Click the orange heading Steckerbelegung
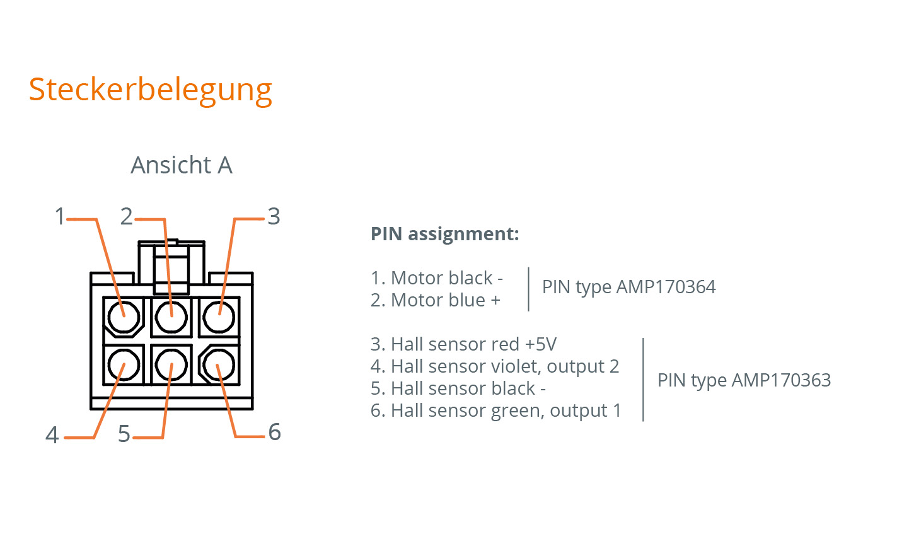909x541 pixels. pyautogui.click(x=150, y=90)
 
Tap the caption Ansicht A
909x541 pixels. pyautogui.click(x=182, y=165)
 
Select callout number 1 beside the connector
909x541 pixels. pyautogui.click(x=60, y=217)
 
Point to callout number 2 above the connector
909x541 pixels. pyautogui.click(x=127, y=217)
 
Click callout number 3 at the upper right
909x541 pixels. pyautogui.click(x=274, y=217)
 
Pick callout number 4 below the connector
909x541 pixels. pyautogui.click(x=52, y=435)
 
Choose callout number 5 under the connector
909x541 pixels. pyautogui.click(x=124, y=434)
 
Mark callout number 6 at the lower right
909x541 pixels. pyautogui.click(x=274, y=433)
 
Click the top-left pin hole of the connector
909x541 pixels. pyautogui.click(x=124, y=316)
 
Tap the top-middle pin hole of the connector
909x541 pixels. pyautogui.click(x=171, y=316)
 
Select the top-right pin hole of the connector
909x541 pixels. pyautogui.click(x=219, y=316)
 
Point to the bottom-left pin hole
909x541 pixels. pyautogui.click(x=124, y=365)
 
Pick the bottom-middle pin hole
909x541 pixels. pyautogui.click(x=171, y=365)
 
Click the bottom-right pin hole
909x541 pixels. pyautogui.click(x=219, y=365)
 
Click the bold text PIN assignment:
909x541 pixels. pyautogui.click(x=444, y=234)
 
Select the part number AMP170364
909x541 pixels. pyautogui.click(x=666, y=288)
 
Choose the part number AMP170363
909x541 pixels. pyautogui.click(x=781, y=381)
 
